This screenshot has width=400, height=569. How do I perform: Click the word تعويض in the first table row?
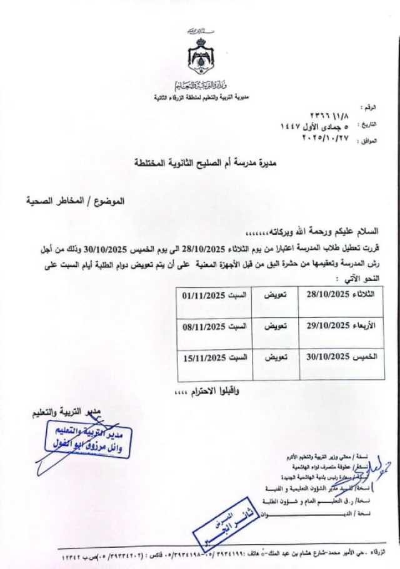[274, 294]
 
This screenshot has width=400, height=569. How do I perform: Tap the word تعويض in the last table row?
[274, 358]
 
